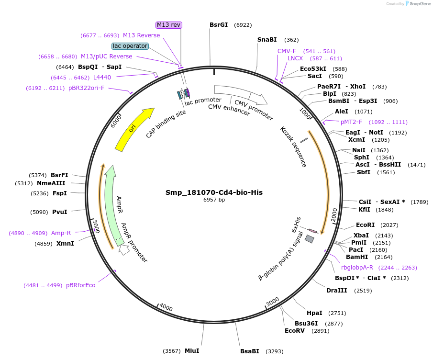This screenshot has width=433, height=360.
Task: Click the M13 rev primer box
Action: point(169,25)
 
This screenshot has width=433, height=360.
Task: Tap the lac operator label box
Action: point(130,46)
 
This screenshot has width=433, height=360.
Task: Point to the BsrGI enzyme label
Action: point(219,25)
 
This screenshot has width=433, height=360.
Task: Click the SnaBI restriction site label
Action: point(267,40)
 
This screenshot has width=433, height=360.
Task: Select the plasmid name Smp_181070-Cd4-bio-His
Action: point(214,192)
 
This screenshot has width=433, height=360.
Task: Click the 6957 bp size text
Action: point(214,200)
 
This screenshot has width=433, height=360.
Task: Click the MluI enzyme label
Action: point(192,351)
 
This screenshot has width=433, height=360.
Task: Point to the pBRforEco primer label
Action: point(80,285)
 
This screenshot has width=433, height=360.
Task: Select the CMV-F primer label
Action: point(287,51)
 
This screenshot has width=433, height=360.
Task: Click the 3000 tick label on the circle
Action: point(272,302)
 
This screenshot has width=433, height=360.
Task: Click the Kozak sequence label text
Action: point(293,146)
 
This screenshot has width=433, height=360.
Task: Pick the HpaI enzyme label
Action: point(314,313)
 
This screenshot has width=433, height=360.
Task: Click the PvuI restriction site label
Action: point(59,212)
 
